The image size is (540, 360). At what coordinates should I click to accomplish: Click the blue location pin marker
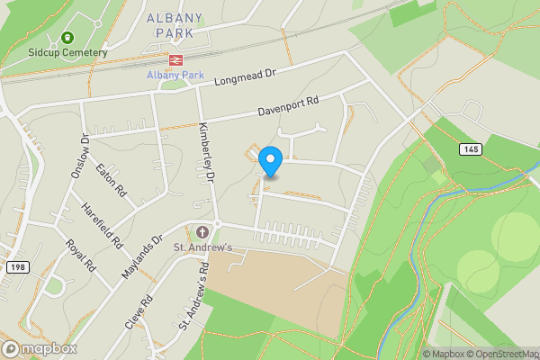270,161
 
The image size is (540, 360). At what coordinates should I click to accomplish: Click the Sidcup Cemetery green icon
67,38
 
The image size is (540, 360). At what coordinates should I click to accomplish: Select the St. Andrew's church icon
202,232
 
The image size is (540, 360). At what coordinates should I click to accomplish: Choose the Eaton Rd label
107,171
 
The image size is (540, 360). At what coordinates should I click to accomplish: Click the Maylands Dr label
143,257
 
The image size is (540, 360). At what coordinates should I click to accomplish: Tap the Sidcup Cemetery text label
67,52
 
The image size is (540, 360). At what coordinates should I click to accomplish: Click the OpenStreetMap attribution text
504,353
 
